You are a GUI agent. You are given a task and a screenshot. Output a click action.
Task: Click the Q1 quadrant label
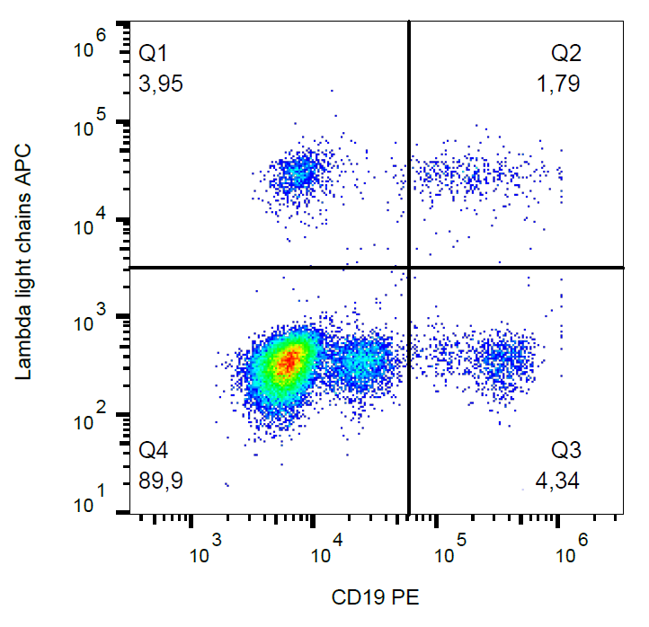pos(153,54)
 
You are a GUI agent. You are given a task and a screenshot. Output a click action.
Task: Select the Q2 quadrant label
pos(566,54)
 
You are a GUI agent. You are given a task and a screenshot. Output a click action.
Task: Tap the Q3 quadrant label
pos(566,450)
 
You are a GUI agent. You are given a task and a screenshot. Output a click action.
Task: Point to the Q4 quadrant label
pos(154,450)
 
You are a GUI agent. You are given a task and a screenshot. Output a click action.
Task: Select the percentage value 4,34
pos(557,481)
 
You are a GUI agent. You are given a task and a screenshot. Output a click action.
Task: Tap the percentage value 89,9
pos(162,481)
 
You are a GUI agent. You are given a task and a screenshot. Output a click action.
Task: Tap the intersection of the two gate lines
pos(409,267)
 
